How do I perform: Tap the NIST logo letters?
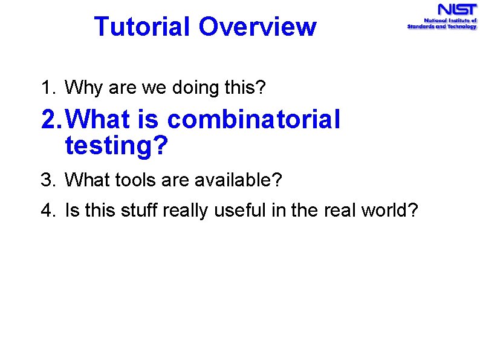pyautogui.click(x=457, y=10)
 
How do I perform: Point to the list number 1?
pyautogui.click(x=48, y=88)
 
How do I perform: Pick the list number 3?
pyautogui.click(x=48, y=180)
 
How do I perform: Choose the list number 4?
pyautogui.click(x=48, y=211)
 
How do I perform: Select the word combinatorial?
pyautogui.click(x=254, y=120)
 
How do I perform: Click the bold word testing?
pyautogui.click(x=115, y=146)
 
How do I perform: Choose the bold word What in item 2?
pyautogui.click(x=97, y=120)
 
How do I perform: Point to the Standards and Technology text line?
pyautogui.click(x=441, y=27)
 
